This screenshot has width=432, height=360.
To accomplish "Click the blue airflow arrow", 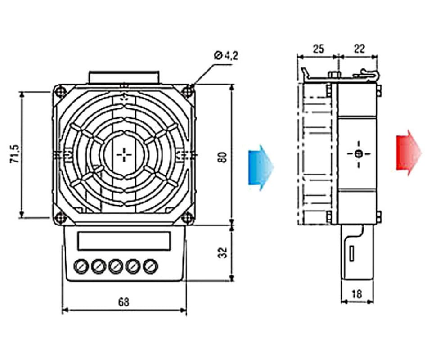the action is pos(261,167).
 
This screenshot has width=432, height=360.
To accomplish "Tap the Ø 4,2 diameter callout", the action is pos(225,56).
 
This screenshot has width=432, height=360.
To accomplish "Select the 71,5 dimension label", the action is pos(15,154).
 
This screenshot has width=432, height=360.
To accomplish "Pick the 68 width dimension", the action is pos(124,302).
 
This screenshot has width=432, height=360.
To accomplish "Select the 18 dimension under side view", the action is pos(357,294).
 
